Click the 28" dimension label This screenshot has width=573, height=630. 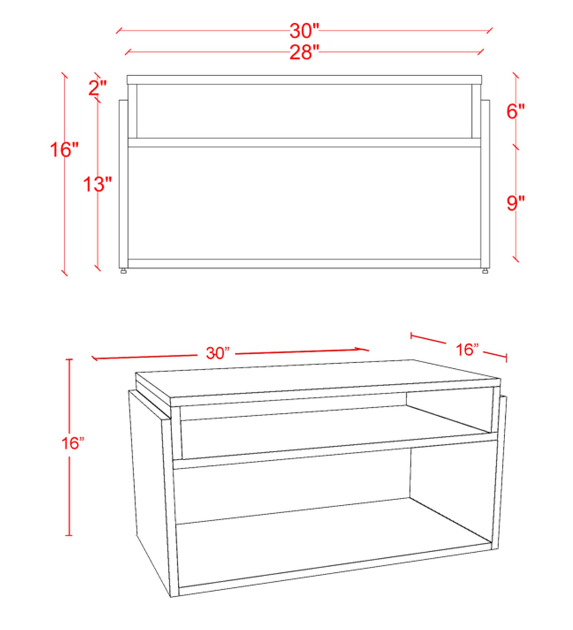coord(304,52)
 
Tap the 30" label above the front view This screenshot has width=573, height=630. coord(304,31)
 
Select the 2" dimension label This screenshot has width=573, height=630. coord(98,88)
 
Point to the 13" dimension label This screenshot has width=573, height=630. coord(97,184)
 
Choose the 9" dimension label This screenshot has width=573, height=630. coord(515,203)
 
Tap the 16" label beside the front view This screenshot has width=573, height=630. coord(64,149)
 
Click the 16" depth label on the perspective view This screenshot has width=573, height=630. coord(467,349)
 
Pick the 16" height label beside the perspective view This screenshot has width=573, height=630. coord(73,443)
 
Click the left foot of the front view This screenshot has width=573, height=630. coord(124,271)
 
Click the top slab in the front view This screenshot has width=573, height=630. coord(304,79)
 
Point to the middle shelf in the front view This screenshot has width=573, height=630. coord(304,142)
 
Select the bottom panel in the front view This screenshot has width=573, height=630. coord(304,263)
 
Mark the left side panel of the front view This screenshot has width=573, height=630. coord(123,184)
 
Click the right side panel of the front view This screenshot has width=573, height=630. coord(485,184)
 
